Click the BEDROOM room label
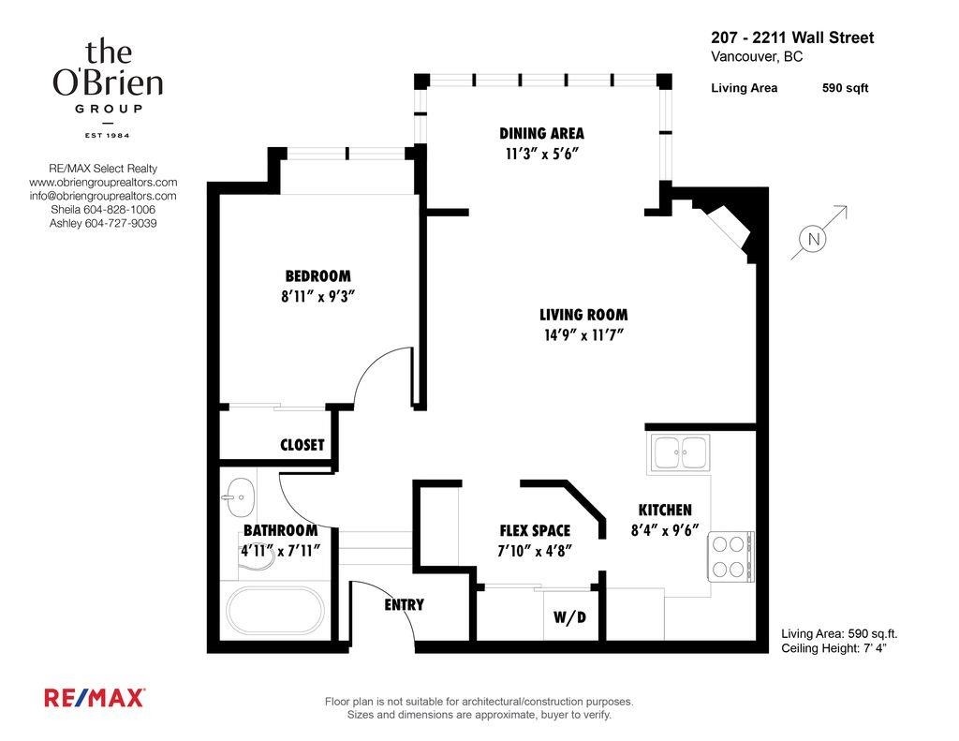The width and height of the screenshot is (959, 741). [x=317, y=276]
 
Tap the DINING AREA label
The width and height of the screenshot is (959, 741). [x=541, y=133]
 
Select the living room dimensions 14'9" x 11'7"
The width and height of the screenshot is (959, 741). [x=583, y=335]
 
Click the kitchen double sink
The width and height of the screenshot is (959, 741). [x=681, y=452]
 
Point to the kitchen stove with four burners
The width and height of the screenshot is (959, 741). [x=730, y=556]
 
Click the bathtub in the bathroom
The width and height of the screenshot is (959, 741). [x=273, y=610]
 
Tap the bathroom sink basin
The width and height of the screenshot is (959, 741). [x=240, y=496]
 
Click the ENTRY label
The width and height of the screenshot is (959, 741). [x=404, y=605]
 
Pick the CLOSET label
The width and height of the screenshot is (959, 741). [x=302, y=445]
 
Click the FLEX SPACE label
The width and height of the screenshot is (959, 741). [x=535, y=530]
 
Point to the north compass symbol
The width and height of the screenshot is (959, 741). [x=813, y=240]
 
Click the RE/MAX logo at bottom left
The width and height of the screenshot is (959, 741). [x=94, y=697]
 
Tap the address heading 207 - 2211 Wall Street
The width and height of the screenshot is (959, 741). [x=792, y=38]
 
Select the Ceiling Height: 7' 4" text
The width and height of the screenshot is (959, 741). [x=834, y=648]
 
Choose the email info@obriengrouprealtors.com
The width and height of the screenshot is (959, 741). [x=103, y=196]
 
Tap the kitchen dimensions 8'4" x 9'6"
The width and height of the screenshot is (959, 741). [x=664, y=529]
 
